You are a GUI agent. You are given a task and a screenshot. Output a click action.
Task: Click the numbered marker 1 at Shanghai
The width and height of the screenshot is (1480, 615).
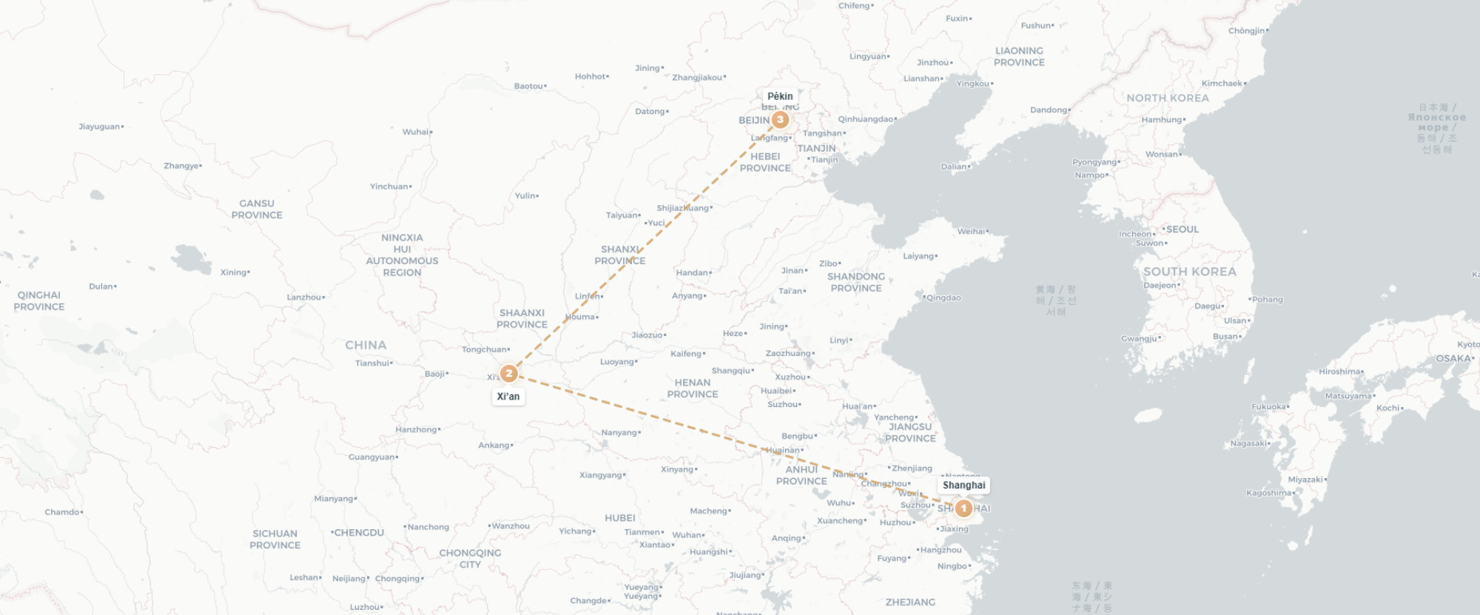pos(963,508)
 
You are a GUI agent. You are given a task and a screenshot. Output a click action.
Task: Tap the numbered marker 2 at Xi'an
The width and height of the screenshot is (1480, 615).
pos(508,374)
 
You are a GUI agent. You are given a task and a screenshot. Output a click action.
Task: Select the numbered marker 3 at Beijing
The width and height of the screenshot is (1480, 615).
pos(779,119)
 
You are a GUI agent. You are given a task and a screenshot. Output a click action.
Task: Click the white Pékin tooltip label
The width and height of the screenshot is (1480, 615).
pos(780,96)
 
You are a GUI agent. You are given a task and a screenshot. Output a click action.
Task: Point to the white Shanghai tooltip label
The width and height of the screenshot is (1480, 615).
pos(963,485)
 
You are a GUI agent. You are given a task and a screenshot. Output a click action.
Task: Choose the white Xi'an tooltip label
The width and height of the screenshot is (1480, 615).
pos(508,397)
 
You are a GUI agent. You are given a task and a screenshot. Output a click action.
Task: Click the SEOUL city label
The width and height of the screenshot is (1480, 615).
pos(1182,229)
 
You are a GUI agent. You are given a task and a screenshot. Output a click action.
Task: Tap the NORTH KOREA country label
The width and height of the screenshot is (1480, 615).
pos(1167,98)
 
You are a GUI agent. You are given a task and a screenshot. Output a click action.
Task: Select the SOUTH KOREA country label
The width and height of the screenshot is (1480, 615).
pos(1189,272)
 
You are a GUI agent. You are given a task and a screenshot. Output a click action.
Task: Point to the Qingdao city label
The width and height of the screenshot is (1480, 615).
pos(943,298)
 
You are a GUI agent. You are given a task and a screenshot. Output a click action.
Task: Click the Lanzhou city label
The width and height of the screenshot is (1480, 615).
pos(304,298)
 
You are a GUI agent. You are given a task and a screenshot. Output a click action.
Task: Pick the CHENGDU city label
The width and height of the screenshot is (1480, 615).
pos(358,533)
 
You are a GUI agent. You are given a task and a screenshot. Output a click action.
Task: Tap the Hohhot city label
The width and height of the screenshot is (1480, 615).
pos(591,76)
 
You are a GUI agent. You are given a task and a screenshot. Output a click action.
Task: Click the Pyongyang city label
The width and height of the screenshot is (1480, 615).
pos(1094,162)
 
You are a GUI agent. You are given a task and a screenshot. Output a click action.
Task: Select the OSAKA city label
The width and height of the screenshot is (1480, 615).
pos(1453,358)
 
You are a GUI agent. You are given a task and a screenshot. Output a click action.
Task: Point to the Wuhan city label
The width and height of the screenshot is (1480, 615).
pos(687,535)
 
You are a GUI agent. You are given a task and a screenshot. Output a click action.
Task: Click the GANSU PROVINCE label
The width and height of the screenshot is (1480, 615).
pos(257,209)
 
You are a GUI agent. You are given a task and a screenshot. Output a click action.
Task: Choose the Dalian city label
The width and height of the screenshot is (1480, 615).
pos(954,167)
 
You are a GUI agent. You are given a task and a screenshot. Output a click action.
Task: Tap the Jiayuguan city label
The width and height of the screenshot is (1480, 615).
pos(99,127)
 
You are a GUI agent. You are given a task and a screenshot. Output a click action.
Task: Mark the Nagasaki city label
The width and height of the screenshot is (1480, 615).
pos(1249,444)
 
